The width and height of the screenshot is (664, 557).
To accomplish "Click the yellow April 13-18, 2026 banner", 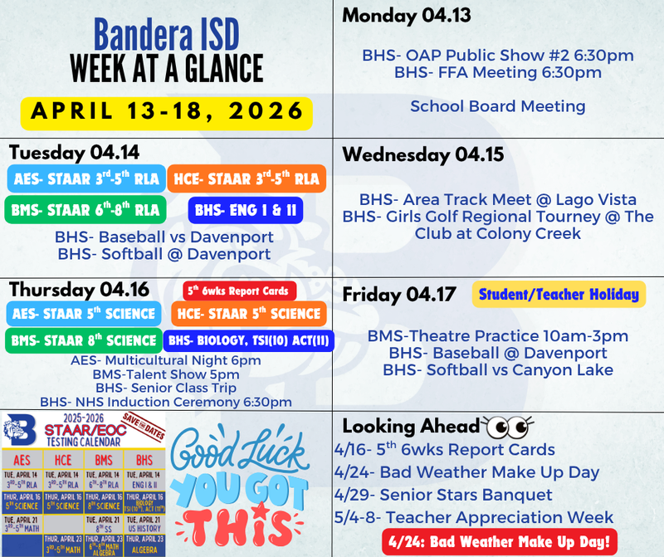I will (x=166, y=110).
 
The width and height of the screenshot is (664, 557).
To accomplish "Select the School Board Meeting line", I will (x=497, y=106).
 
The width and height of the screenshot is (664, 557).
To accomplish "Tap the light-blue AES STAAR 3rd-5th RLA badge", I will (x=85, y=178).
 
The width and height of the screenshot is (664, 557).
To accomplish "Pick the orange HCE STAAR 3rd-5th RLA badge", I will (x=246, y=178).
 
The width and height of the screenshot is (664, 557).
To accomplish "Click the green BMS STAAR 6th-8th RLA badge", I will (x=83, y=210).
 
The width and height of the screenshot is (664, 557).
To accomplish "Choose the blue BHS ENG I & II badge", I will (x=244, y=210).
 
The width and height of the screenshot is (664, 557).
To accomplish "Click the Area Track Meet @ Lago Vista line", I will (x=498, y=199).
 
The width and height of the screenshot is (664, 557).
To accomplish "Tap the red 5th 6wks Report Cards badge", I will (x=239, y=291).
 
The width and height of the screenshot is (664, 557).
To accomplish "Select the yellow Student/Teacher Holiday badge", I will (x=559, y=294).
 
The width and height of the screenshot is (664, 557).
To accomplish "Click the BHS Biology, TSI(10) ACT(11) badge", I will (x=249, y=340).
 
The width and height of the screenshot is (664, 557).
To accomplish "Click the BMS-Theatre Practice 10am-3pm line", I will (x=498, y=336).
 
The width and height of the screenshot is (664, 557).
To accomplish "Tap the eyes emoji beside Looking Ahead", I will (x=508, y=427).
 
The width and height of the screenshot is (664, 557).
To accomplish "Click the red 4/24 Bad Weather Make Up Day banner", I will (x=500, y=541).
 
